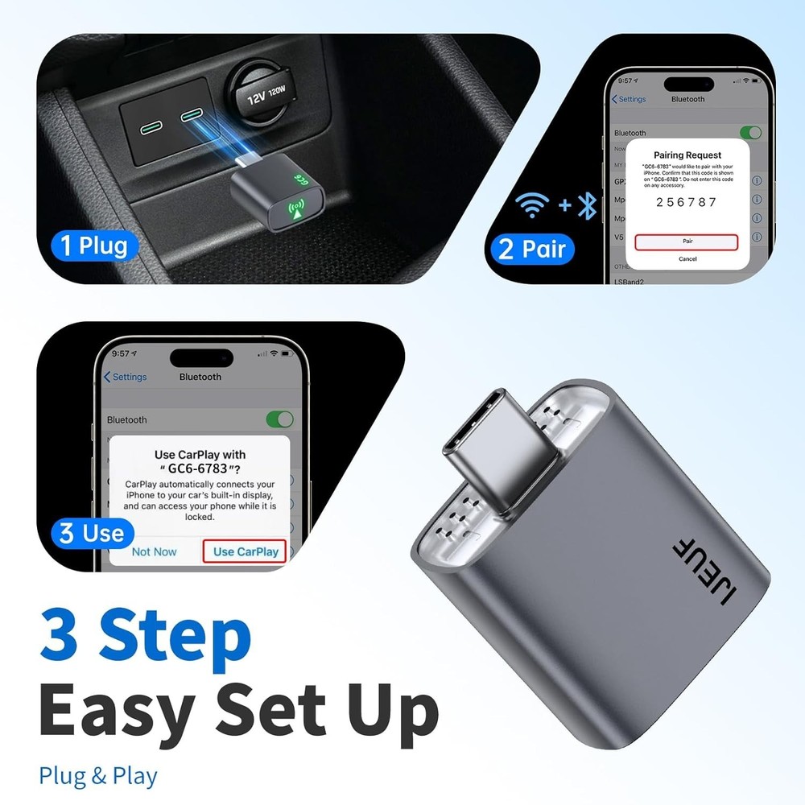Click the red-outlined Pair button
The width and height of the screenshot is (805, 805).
686,241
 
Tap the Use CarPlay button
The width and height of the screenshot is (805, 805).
246,551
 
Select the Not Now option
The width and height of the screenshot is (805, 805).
154,551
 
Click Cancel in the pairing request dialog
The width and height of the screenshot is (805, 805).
687,259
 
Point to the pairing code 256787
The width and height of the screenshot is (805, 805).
686,202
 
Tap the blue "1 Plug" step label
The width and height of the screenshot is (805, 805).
94,245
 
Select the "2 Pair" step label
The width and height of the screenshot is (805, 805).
532,248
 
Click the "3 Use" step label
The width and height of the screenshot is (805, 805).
91,533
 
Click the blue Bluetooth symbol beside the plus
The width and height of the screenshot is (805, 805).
588,206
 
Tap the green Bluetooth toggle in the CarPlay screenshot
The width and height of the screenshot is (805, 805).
279,419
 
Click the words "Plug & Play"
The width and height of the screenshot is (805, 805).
98,776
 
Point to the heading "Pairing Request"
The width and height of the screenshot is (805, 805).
687,155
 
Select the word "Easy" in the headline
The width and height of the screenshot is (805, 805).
116,711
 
